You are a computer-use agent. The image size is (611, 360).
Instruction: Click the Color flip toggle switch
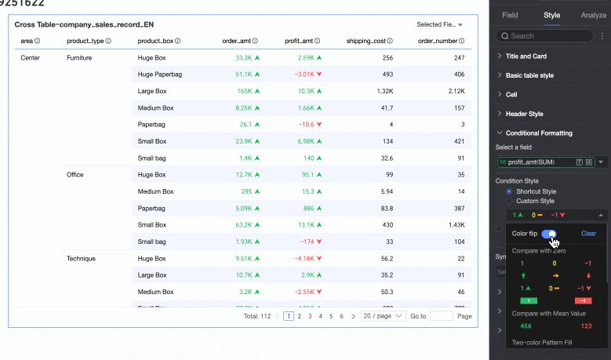pyautogui.click(x=549, y=234)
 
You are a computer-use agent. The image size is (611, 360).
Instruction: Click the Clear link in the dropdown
pyautogui.click(x=588, y=234)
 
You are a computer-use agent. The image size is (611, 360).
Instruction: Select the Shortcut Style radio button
pyautogui.click(x=510, y=191)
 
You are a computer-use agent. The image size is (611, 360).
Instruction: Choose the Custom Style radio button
pyautogui.click(x=510, y=202)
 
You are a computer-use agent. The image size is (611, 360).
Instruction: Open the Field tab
pyautogui.click(x=510, y=14)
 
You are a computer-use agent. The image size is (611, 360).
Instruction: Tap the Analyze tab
pyautogui.click(x=593, y=14)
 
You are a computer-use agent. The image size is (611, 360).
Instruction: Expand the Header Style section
pyautogui.click(x=524, y=114)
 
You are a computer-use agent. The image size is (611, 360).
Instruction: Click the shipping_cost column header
pyautogui.click(x=366, y=41)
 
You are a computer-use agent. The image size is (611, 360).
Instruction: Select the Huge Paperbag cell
pyautogui.click(x=158, y=75)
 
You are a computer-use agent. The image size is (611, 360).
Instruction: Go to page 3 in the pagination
pyautogui.click(x=309, y=316)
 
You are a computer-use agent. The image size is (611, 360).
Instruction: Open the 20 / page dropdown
pyautogui.click(x=384, y=316)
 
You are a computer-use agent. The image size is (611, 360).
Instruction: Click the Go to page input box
pyautogui.click(x=442, y=316)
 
